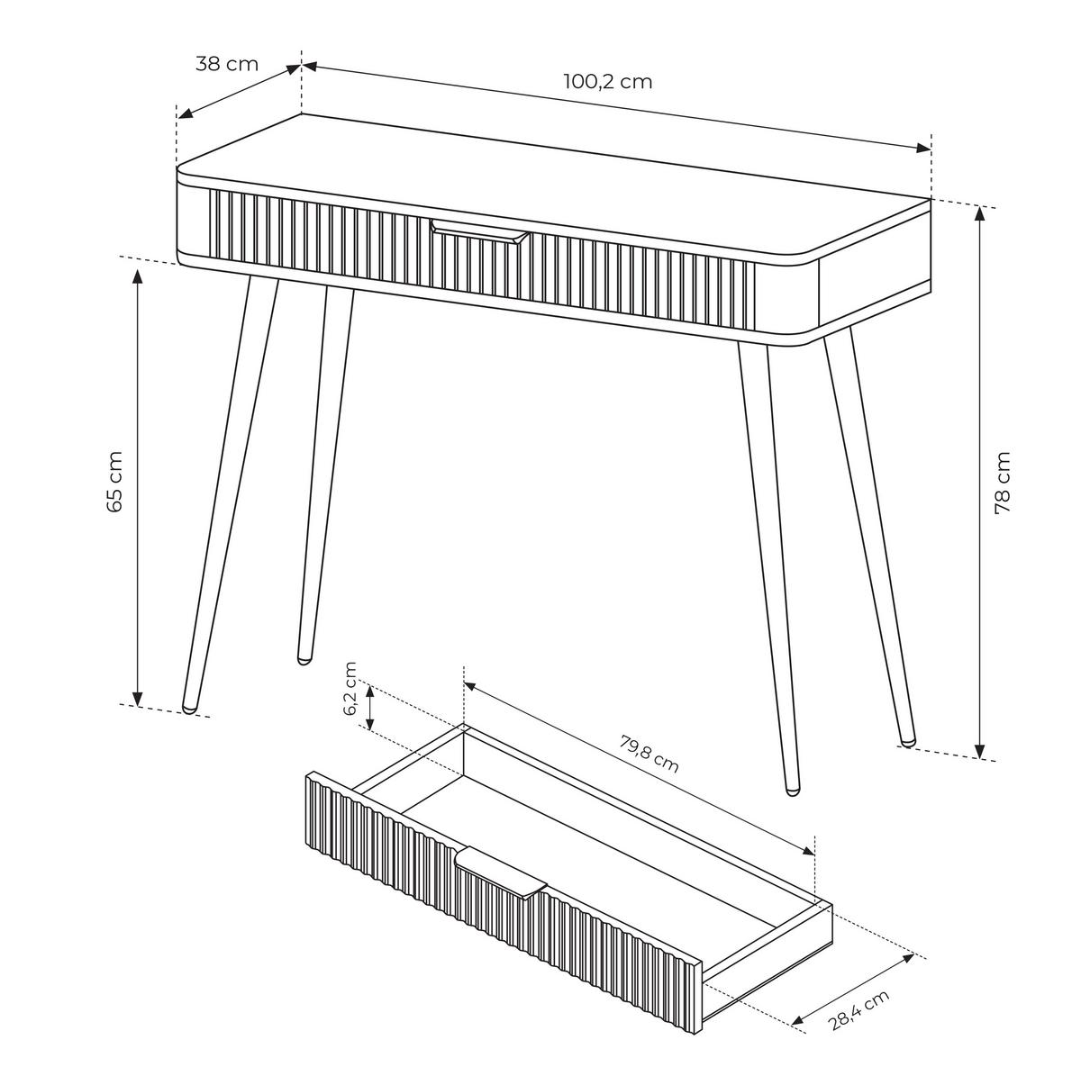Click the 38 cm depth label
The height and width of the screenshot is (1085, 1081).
226,64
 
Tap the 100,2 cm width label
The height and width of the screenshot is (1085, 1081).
608,82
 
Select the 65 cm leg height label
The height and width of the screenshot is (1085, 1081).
114,482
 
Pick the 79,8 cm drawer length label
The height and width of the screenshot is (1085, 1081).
649,755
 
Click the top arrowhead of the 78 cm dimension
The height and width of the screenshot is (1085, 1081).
980,212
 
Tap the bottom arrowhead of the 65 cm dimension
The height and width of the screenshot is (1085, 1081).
137,700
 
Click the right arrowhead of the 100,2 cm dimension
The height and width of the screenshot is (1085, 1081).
923,148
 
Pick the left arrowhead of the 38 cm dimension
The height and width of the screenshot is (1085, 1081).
186,113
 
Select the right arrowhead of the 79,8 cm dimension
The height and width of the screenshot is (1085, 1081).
807,850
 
